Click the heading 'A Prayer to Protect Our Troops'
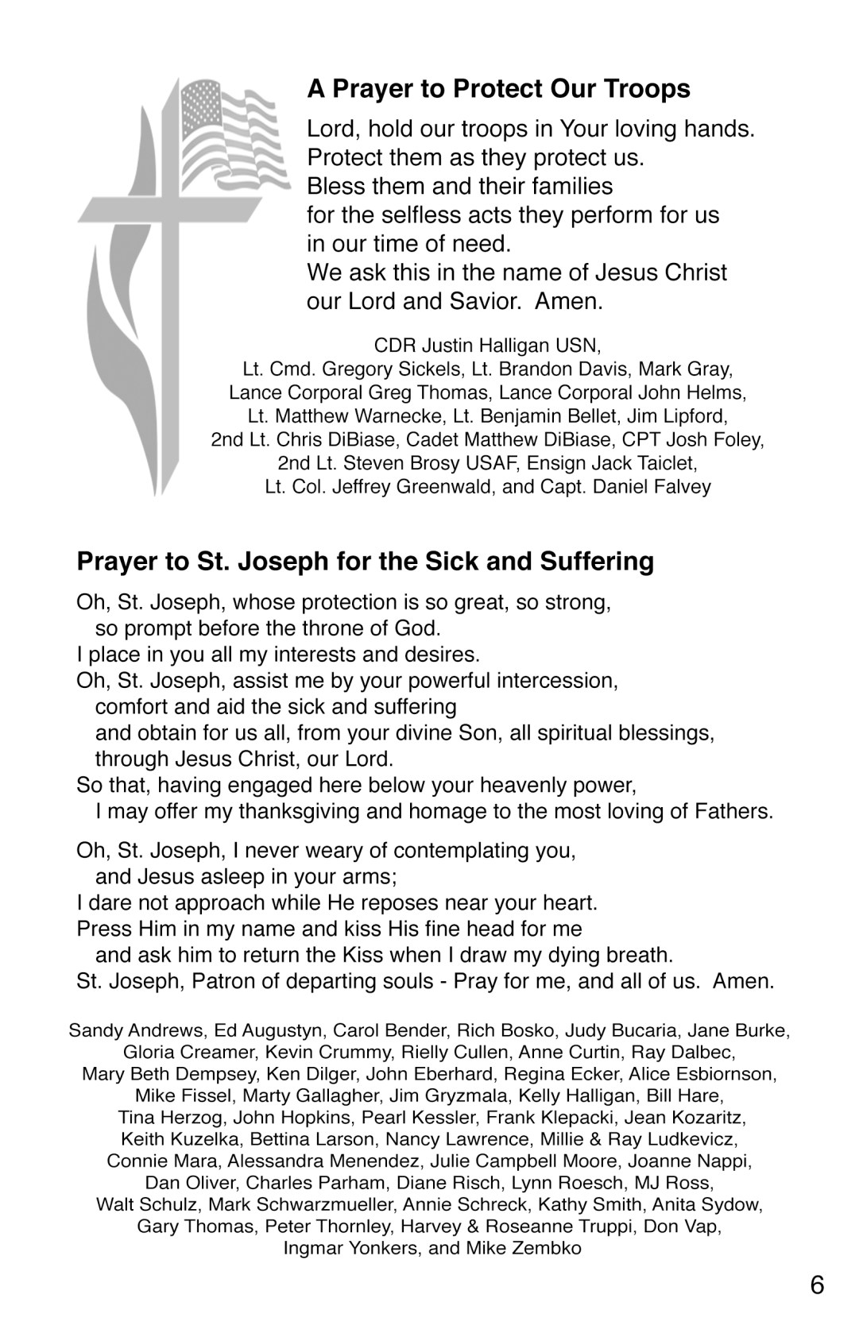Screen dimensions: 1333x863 tap(498, 88)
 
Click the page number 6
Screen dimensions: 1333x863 tap(818, 1285)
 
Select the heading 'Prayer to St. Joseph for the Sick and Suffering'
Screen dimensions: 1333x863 tap(365, 562)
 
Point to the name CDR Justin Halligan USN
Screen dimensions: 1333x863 tap(487, 346)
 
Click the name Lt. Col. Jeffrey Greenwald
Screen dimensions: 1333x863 tap(378, 486)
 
